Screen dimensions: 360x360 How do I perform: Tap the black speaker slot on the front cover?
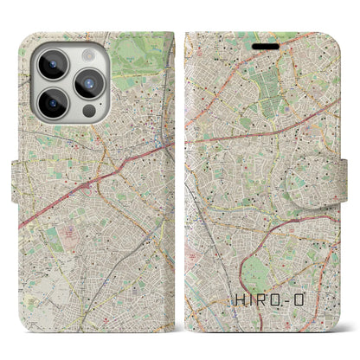pos(266,46)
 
